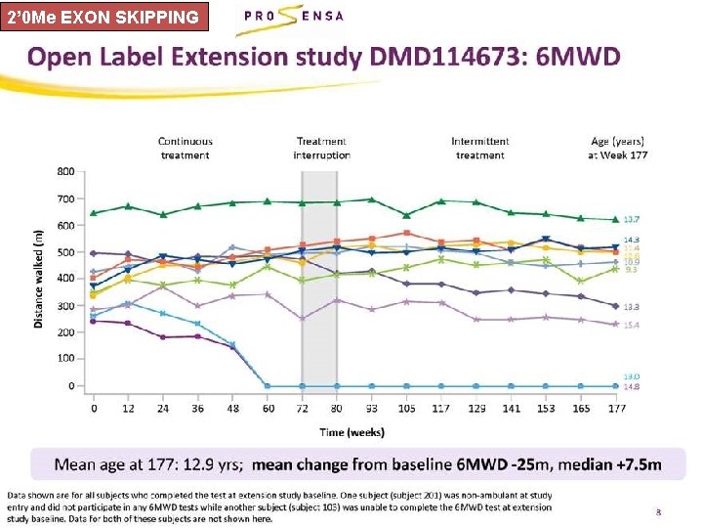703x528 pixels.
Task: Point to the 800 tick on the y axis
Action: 64,171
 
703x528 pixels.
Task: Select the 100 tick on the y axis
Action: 64,359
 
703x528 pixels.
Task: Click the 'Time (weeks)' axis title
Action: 352,431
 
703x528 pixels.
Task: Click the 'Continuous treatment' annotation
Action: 186,149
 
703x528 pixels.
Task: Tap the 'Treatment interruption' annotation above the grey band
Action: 321,149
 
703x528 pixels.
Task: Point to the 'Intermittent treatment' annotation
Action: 480,149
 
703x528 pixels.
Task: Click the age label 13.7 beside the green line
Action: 632,219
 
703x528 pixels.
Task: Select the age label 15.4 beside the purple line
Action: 632,325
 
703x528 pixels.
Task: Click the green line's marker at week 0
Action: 94,212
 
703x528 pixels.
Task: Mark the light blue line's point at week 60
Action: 268,385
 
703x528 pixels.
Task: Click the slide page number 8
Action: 658,510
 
